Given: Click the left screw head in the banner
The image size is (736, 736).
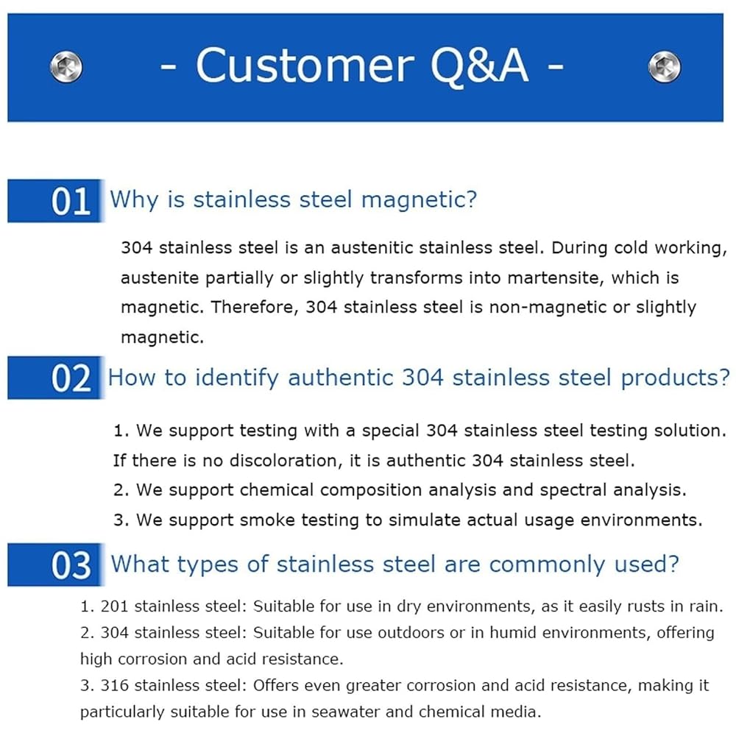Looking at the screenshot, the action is (x=66, y=67).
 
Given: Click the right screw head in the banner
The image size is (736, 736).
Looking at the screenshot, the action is (x=664, y=67).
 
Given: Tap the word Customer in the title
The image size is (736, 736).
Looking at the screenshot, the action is (x=305, y=66).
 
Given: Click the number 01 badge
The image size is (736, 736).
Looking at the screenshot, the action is (x=55, y=201).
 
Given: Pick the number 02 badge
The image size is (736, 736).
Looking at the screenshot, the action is (x=55, y=378).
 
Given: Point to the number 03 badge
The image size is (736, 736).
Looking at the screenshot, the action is (x=55, y=565).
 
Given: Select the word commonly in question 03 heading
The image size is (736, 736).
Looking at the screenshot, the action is (x=548, y=565).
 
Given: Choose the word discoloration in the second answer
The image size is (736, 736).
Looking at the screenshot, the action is (x=286, y=461).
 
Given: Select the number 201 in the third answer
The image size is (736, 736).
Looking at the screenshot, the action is (x=115, y=606).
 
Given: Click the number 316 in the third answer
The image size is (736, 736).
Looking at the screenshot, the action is (x=115, y=685).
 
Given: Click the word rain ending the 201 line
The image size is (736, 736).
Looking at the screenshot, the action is (x=707, y=606).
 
